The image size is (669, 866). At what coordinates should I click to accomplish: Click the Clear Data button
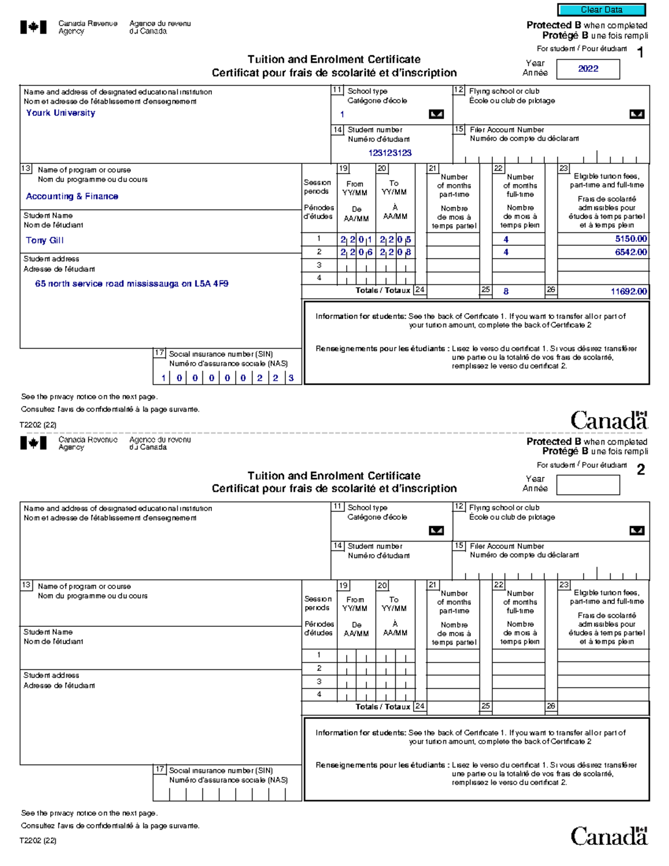pyautogui.click(x=601, y=9)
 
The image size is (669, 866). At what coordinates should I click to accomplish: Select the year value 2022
pyautogui.click(x=588, y=69)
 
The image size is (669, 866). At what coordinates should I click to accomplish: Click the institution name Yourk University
pyautogui.click(x=60, y=113)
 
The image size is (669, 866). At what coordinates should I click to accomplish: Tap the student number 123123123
pyautogui.click(x=390, y=153)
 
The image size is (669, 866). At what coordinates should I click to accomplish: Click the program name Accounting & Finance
pyautogui.click(x=72, y=196)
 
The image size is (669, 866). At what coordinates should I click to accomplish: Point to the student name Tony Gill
pyautogui.click(x=45, y=240)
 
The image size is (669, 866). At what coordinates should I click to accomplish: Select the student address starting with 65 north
pyautogui.click(x=132, y=283)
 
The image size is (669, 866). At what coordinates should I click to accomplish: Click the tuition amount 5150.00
pyautogui.click(x=631, y=239)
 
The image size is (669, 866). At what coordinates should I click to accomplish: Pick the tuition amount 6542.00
pyautogui.click(x=631, y=252)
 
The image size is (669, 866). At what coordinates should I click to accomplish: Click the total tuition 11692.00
pyautogui.click(x=628, y=291)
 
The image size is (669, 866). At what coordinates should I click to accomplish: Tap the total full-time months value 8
pyautogui.click(x=506, y=291)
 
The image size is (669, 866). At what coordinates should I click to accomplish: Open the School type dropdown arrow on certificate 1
pyautogui.click(x=436, y=114)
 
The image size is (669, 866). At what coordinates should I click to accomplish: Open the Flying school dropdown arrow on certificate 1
pyautogui.click(x=636, y=114)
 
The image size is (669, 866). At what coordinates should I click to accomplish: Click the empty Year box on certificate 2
pyautogui.click(x=588, y=485)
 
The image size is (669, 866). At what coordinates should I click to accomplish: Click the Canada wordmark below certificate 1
pyautogui.click(x=608, y=420)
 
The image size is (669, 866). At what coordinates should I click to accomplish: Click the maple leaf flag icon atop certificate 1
pyautogui.click(x=33, y=27)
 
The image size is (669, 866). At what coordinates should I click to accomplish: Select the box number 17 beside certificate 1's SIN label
pyautogui.click(x=159, y=353)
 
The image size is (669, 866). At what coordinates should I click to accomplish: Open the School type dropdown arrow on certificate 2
pyautogui.click(x=436, y=530)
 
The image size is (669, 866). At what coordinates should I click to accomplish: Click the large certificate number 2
pyautogui.click(x=641, y=470)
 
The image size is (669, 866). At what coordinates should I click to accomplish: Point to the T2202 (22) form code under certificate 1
pyautogui.click(x=38, y=425)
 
